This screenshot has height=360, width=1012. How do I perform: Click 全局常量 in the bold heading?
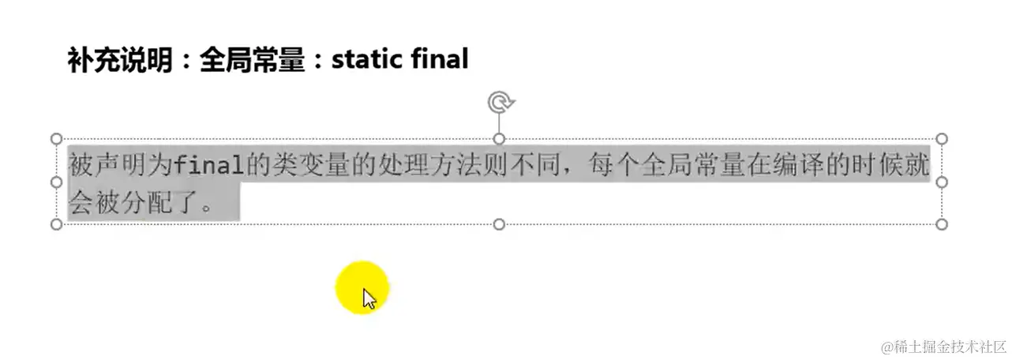[252, 60]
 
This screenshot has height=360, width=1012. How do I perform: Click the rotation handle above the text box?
[499, 103]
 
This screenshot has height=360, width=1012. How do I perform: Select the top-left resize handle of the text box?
[56, 139]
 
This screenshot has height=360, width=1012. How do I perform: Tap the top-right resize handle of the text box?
[941, 139]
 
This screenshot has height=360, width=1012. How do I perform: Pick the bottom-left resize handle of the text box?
[56, 224]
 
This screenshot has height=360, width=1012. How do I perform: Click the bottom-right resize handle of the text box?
[941, 224]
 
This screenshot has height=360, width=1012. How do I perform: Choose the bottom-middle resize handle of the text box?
[499, 224]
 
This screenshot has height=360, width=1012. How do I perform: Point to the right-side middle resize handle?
[941, 182]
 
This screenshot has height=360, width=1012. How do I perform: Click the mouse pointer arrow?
[369, 298]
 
